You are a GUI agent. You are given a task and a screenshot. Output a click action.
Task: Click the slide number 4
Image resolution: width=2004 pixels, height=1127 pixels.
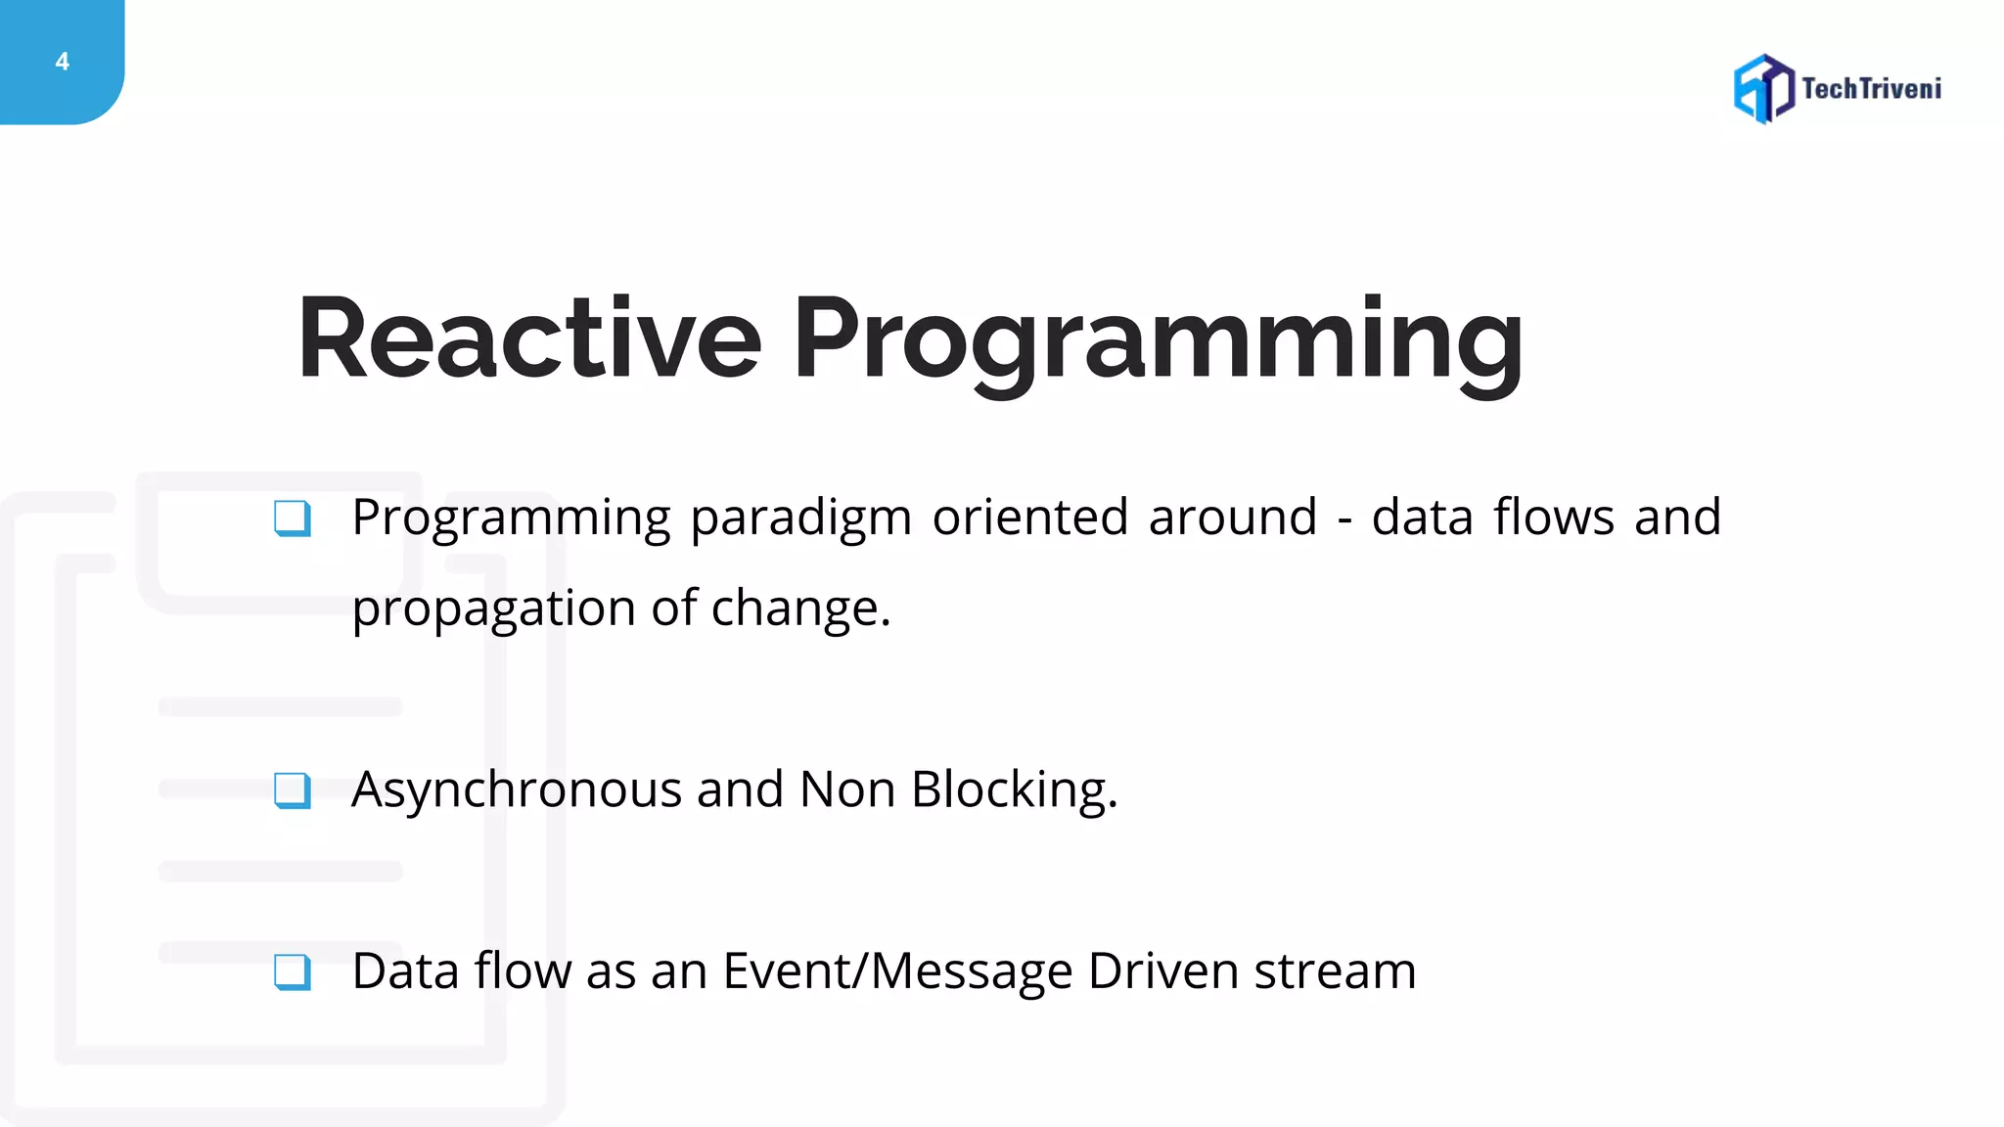point(63,62)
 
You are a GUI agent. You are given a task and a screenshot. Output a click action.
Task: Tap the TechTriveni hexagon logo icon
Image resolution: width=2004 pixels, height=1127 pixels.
point(1763,89)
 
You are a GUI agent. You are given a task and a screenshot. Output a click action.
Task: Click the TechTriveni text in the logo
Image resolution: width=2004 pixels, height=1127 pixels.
point(1871,89)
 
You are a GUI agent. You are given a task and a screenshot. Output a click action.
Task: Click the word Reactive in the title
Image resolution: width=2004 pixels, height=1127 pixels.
point(529,338)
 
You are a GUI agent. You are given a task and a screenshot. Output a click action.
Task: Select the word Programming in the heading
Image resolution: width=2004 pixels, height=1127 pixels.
point(1158,342)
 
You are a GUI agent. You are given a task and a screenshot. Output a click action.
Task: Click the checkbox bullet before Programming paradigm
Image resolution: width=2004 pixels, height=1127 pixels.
point(293,518)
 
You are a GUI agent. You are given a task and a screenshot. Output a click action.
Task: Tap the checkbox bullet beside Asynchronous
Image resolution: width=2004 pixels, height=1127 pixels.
point(293,790)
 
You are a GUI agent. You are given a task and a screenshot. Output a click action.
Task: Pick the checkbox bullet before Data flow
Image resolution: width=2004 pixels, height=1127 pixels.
point(293,972)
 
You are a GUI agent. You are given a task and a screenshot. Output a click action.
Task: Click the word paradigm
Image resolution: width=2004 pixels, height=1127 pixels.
point(800,519)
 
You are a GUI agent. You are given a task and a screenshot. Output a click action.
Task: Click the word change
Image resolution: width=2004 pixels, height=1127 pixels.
point(800,609)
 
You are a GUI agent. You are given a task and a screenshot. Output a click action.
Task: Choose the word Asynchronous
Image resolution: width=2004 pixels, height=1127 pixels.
point(516,790)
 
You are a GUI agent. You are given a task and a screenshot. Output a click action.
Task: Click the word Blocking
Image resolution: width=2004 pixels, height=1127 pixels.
point(1013,789)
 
